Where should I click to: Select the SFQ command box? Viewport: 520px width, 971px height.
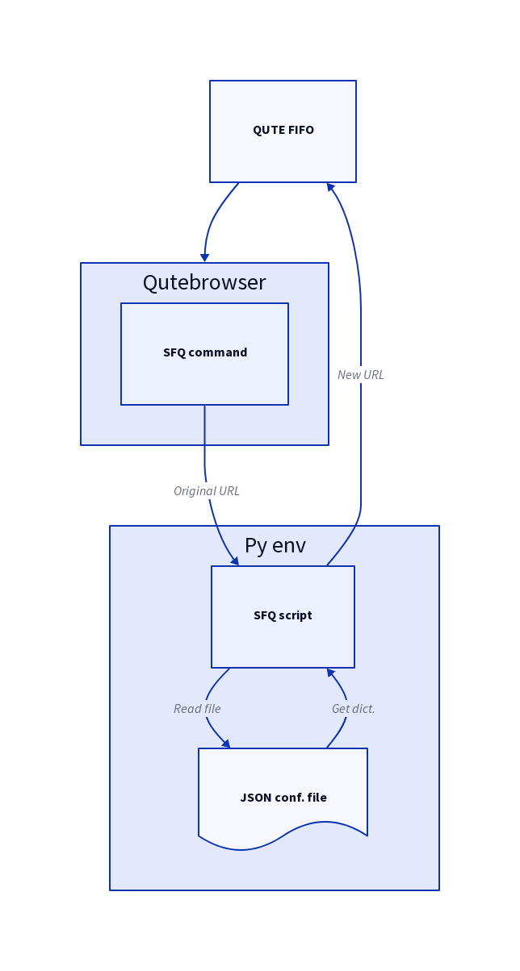point(204,371)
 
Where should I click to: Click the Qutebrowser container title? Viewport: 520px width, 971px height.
point(204,283)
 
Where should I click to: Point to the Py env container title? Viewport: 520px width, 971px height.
point(275,546)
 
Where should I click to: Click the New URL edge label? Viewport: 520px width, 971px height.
point(361,375)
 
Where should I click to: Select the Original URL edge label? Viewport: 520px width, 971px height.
point(207,491)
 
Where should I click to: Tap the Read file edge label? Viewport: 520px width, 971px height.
point(197,709)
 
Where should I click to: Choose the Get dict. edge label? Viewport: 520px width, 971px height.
point(354,709)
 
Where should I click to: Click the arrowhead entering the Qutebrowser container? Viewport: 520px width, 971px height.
point(205,257)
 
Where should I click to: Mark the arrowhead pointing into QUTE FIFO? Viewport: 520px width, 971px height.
point(331,187)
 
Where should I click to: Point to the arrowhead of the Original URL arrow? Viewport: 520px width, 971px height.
point(235,561)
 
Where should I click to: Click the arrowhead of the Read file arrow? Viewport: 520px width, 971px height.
point(226,744)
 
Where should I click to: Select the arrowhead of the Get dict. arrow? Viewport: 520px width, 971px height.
point(331,673)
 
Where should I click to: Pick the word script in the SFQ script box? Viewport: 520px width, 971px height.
point(296,615)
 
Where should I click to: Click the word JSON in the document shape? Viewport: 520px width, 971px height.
point(255,798)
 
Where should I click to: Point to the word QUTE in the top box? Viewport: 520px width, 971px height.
point(267,130)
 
